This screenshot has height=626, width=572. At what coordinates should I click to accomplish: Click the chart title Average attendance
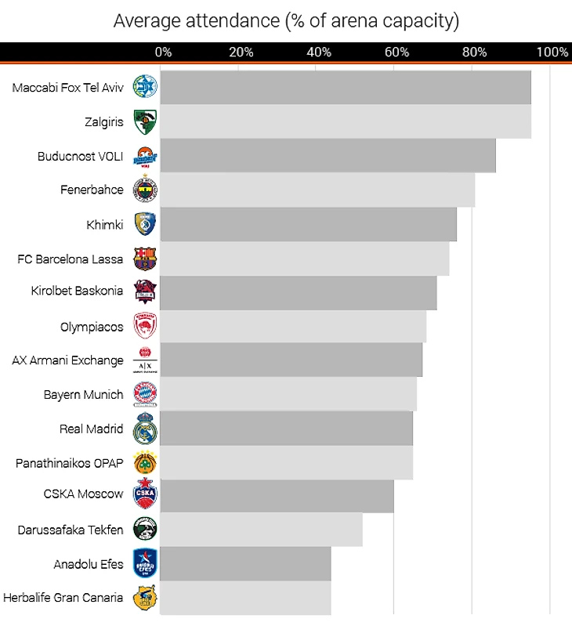pyautogui.click(x=286, y=20)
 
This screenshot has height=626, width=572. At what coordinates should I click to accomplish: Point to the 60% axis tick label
pyautogui.click(x=397, y=52)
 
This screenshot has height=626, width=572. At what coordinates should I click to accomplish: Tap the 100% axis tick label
pyautogui.click(x=552, y=52)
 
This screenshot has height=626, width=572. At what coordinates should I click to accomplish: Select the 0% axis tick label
pyautogui.click(x=163, y=52)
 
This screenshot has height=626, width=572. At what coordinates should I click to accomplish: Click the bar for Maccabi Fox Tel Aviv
pyautogui.click(x=345, y=87)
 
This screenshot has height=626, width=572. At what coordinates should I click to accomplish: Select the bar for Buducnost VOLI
pyautogui.click(x=328, y=156)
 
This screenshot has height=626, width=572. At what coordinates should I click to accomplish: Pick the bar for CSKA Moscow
pyautogui.click(x=277, y=496)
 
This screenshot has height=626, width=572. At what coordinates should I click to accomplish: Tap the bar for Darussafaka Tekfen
pyautogui.click(x=261, y=530)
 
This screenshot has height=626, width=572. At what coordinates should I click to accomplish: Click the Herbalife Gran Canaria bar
pyautogui.click(x=245, y=598)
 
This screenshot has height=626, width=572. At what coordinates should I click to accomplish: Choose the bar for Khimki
pyautogui.click(x=308, y=225)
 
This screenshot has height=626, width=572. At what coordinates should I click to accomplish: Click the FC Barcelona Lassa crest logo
pyautogui.click(x=145, y=259)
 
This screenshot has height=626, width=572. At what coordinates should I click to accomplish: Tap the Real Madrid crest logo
pyautogui.click(x=145, y=429)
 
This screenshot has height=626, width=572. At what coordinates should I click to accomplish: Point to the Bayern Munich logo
pyautogui.click(x=145, y=394)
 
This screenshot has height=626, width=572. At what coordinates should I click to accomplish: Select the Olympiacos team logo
pyautogui.click(x=145, y=326)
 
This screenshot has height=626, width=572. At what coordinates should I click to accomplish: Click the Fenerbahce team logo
pyautogui.click(x=145, y=190)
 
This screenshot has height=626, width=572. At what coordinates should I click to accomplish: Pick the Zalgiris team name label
pyautogui.click(x=103, y=122)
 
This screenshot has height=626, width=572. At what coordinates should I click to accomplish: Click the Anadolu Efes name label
pyautogui.click(x=89, y=564)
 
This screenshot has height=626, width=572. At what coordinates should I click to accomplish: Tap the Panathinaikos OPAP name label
pyautogui.click(x=70, y=463)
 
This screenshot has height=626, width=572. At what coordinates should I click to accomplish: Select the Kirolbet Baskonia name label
pyautogui.click(x=77, y=291)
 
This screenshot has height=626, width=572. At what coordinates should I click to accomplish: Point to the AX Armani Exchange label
pyautogui.click(x=67, y=360)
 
